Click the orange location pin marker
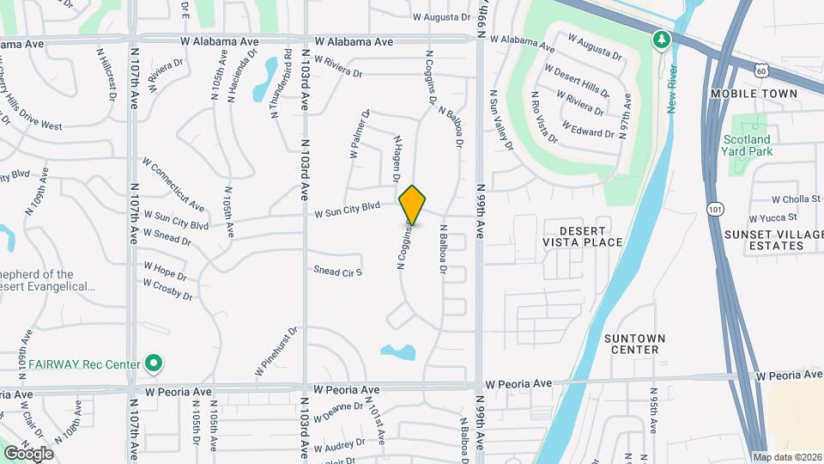click(413, 205)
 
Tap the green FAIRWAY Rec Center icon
click(154, 364)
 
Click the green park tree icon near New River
click(661, 40)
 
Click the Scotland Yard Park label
click(747, 145)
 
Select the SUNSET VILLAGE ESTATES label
click(764, 240)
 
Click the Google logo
click(28, 453)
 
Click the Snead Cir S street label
click(339, 272)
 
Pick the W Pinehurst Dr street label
click(276, 351)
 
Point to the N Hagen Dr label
click(397, 159)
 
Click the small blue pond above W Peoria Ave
click(397, 351)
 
